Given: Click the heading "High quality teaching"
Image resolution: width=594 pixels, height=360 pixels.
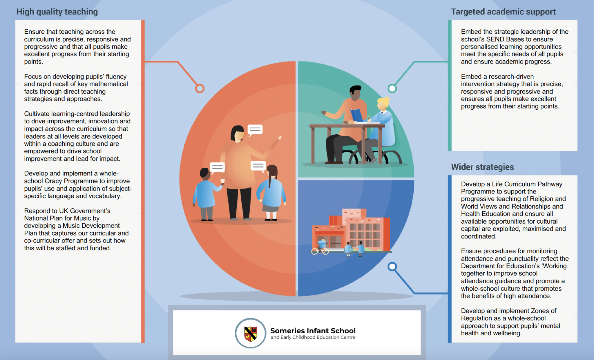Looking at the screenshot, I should click(x=57, y=12).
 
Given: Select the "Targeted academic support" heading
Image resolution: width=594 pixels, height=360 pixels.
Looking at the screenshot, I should click(x=503, y=12).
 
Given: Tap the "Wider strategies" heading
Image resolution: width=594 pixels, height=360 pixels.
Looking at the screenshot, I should click(x=482, y=167).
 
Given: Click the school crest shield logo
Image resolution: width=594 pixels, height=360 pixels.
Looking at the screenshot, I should click(x=251, y=333).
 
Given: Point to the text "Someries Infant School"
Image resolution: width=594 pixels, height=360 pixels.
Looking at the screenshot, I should click(x=313, y=330).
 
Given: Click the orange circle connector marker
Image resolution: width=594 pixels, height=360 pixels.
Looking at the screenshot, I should click(x=200, y=88).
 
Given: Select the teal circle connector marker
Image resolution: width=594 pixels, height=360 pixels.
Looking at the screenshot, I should click(x=392, y=88).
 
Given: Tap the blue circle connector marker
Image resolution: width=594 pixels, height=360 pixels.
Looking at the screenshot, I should click(x=392, y=266).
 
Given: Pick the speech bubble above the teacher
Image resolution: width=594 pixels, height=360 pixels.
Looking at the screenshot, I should click(x=255, y=129).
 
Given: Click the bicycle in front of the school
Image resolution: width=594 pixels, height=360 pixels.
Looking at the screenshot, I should click(x=320, y=250).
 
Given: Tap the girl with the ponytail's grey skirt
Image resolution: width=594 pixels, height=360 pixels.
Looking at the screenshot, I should click(x=270, y=208).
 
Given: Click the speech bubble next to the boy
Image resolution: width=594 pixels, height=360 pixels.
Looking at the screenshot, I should click(x=217, y=167).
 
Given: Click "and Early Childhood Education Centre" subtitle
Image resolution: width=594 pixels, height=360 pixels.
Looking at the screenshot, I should click(x=313, y=337).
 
